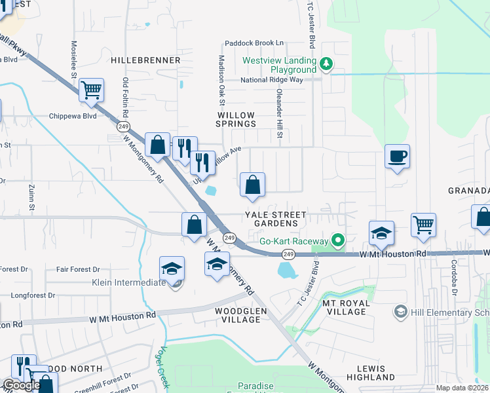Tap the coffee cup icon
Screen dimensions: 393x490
coord(397,157)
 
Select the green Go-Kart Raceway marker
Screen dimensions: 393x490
coord(338,241)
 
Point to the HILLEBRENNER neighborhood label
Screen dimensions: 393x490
coord(145,60)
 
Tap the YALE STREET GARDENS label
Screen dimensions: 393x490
coord(276,219)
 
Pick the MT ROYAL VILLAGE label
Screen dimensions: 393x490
coord(345,307)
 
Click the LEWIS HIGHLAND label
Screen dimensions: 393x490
coord(371,373)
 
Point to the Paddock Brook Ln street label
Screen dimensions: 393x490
coord(254,43)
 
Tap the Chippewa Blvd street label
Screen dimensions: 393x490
coord(73,116)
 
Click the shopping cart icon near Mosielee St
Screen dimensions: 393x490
coord(92,90)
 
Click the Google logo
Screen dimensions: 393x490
coord(21,384)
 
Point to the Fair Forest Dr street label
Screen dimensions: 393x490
coord(78,269)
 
